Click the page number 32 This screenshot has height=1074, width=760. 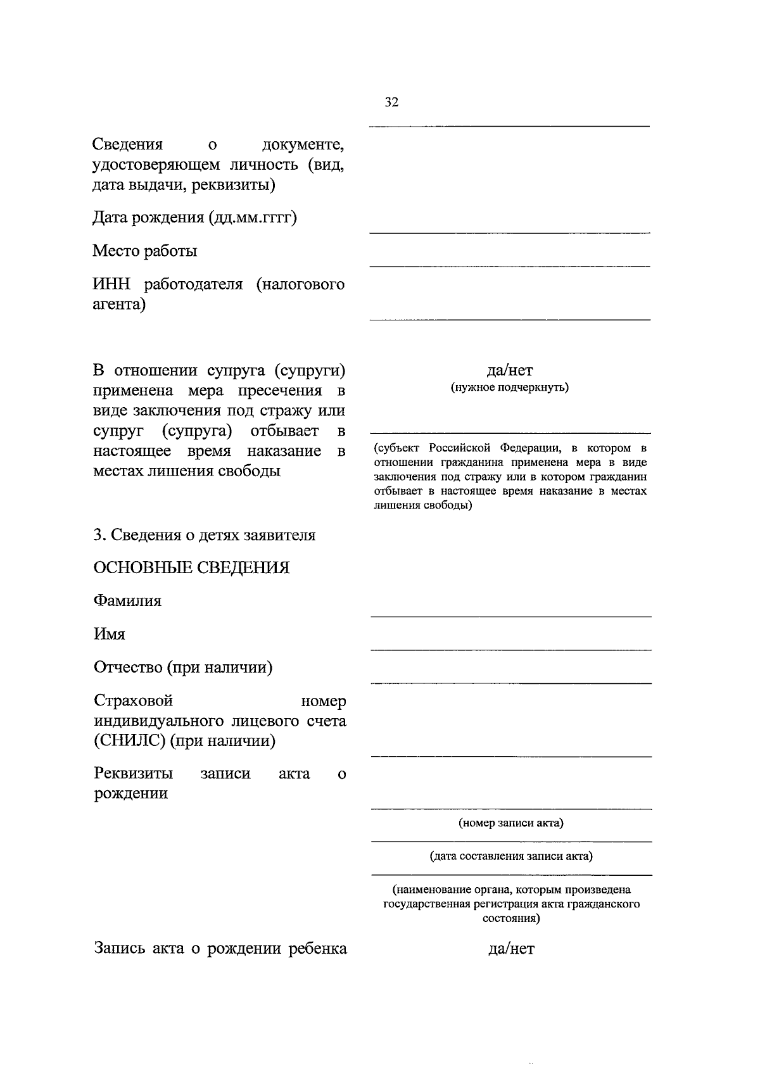click(391, 102)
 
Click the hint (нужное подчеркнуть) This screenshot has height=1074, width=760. click(510, 387)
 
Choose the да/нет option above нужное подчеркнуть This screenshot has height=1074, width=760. click(510, 370)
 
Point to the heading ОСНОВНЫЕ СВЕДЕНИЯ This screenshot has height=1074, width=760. click(191, 567)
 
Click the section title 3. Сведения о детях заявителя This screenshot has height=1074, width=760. click(204, 535)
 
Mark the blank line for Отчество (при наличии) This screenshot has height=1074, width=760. click(510, 682)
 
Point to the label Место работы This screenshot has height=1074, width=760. click(145, 251)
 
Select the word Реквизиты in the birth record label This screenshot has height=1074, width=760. click(134, 773)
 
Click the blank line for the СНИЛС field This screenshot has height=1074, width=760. click(510, 755)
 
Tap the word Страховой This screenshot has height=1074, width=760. click(134, 700)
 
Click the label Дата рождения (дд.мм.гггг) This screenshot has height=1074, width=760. click(195, 218)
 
